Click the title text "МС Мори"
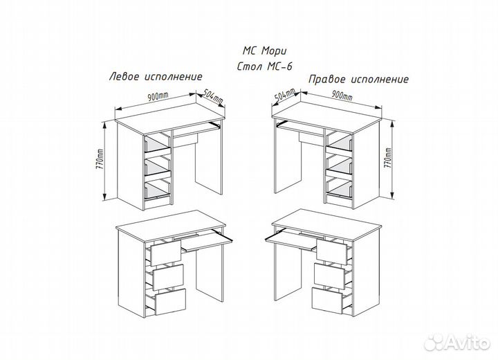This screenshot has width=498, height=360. (264, 51)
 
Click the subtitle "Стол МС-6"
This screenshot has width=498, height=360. (264, 66)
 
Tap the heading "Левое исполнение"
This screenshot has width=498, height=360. (156, 77)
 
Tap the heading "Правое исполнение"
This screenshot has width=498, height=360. (358, 79)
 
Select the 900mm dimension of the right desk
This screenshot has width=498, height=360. (342, 95)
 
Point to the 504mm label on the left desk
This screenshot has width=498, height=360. (213, 96)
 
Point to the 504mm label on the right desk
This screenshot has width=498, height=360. (284, 95)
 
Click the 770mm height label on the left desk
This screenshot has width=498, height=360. (100, 159)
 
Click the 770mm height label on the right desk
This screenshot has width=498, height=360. (387, 158)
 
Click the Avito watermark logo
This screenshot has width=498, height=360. (456, 342)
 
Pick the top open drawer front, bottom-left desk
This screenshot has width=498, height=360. (165, 253)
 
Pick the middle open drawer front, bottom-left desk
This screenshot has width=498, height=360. (168, 277)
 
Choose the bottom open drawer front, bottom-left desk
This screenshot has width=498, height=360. (170, 302)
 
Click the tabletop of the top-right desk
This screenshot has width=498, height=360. (326, 117)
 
